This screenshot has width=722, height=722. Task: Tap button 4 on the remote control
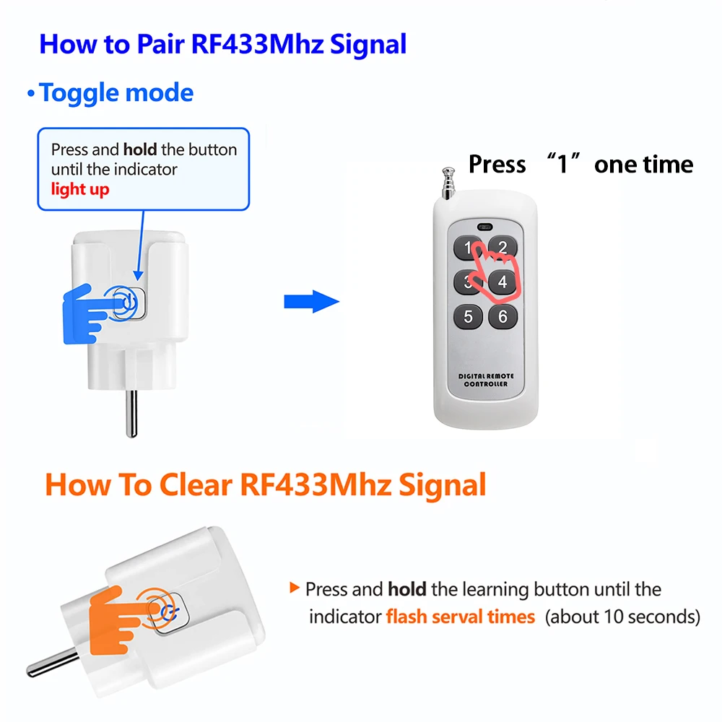pos(503,282)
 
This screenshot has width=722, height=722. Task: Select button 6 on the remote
pos(503,316)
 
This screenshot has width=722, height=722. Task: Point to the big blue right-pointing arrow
pos(311,301)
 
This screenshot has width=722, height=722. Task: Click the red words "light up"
pos(80,190)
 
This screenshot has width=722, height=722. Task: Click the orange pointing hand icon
pos(116,614)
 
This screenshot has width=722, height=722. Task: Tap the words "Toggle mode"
pos(116,93)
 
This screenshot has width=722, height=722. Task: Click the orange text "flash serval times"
pos(461,617)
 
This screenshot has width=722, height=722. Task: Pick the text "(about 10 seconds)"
pos(622,617)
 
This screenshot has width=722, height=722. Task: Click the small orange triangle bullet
pos(294,588)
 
